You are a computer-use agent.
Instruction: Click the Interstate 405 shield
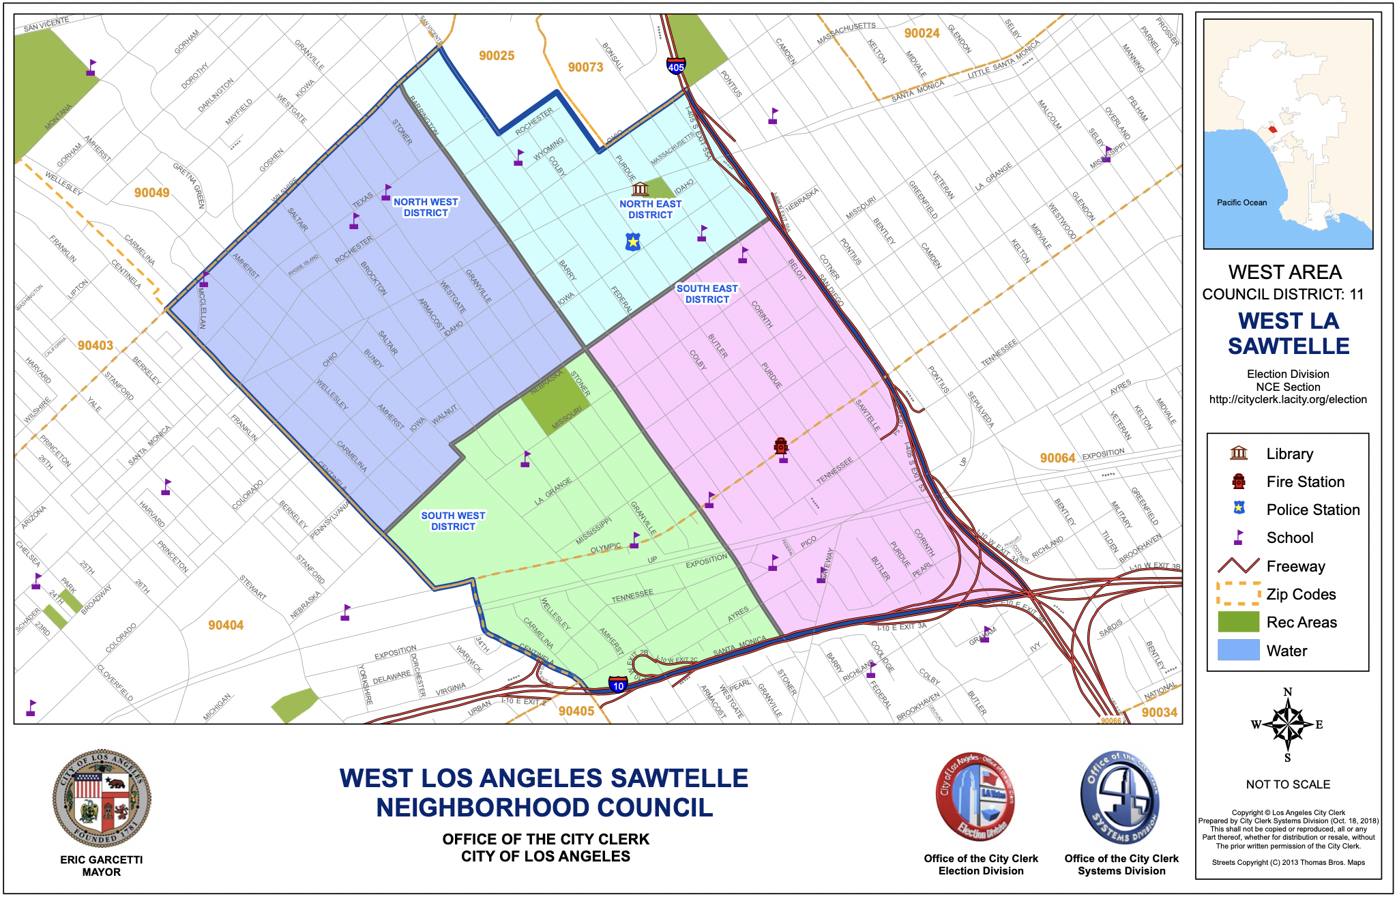[676, 66]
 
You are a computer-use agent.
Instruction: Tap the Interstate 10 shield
[618, 685]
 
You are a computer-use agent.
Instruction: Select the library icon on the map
[640, 188]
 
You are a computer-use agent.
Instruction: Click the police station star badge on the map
[634, 241]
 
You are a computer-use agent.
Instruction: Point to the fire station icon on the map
[781, 446]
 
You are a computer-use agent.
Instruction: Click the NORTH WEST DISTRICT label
[426, 207]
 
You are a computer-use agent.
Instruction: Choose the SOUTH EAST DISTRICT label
[707, 294]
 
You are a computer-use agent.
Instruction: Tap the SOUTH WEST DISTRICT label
[453, 521]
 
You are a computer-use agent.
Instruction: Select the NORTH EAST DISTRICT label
[650, 209]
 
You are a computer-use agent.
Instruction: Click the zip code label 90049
[151, 193]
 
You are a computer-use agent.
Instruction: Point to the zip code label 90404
[226, 625]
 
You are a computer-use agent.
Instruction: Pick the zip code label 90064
[1057, 458]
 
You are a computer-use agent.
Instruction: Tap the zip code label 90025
[497, 56]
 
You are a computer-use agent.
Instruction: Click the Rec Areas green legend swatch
[1238, 622]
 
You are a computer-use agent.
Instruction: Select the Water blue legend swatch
[1238, 651]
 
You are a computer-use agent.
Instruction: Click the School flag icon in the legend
[1239, 537]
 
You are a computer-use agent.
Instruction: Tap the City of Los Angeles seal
[102, 799]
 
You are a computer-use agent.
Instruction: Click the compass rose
[1287, 724]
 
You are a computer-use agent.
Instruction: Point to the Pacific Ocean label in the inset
[1241, 203]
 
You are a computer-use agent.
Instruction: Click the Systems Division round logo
[1121, 798]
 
